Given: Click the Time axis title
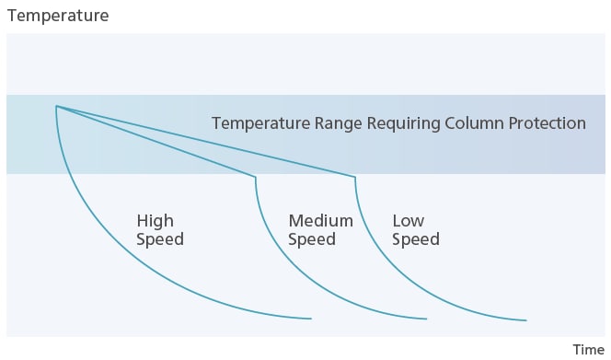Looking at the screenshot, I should (x=588, y=349).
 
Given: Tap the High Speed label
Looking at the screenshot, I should (x=160, y=230).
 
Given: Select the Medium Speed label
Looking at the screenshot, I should (x=320, y=230).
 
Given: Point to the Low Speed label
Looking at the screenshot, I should (x=416, y=230).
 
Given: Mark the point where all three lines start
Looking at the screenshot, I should (x=56, y=107).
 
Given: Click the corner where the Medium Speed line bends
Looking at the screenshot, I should (x=255, y=176).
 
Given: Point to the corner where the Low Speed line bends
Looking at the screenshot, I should (x=354, y=176).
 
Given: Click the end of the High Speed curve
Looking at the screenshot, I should (x=311, y=319).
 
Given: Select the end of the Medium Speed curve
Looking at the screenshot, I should (x=427, y=319).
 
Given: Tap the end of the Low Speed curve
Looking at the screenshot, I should (x=525, y=320).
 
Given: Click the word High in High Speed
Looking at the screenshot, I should (x=155, y=221).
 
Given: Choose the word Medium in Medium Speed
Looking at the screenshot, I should (x=320, y=221).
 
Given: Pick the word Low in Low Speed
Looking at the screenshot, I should (x=408, y=221).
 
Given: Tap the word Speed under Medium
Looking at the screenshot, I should (x=311, y=240).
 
